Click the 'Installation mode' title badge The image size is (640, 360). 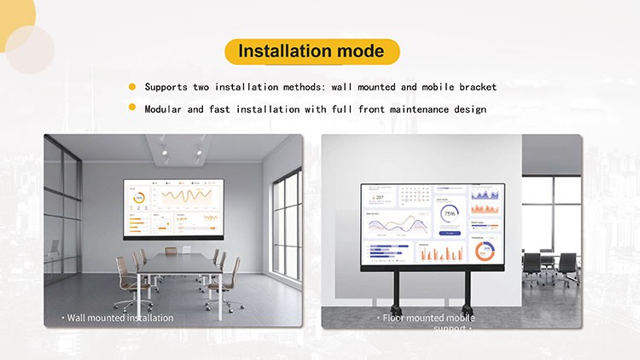click(311, 51)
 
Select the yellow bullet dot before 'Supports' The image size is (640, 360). click(132, 86)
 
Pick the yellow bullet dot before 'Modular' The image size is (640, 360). click(132, 108)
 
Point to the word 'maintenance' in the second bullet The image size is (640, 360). click(410, 109)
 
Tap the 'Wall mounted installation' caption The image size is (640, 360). click(119, 317)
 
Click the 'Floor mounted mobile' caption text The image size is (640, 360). click(426, 317)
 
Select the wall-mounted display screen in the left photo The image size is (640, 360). click(172, 208)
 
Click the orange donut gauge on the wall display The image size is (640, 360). click(139, 198)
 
